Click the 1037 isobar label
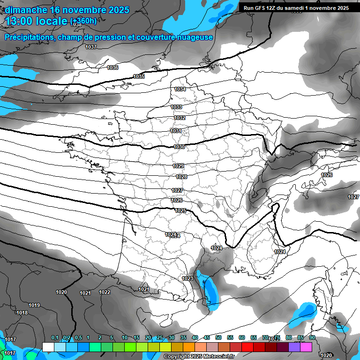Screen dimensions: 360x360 tap(91, 47)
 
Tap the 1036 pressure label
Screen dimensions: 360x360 tap(112, 67)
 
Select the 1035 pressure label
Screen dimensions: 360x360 tap(139, 76)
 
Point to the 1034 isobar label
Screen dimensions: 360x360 tap(180, 89)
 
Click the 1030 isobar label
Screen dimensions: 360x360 tap(179, 147)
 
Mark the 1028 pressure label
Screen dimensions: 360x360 tap(181, 177)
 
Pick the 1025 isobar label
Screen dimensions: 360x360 tap(180, 210)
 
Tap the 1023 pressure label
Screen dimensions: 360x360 tap(187, 278)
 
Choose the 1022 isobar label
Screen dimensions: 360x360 tap(105, 292)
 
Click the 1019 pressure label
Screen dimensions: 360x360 tap(34, 305)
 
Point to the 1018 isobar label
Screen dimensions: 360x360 tap(22, 313)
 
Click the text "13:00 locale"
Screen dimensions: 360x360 tap(37, 21)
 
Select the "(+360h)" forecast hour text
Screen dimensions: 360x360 tap(83, 21)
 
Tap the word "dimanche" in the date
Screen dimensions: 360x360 tap(23, 9)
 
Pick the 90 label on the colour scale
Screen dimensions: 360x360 tap(312, 337)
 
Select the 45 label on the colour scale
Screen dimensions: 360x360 tap(207, 337)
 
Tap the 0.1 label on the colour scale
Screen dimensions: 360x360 tap(55, 337)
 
